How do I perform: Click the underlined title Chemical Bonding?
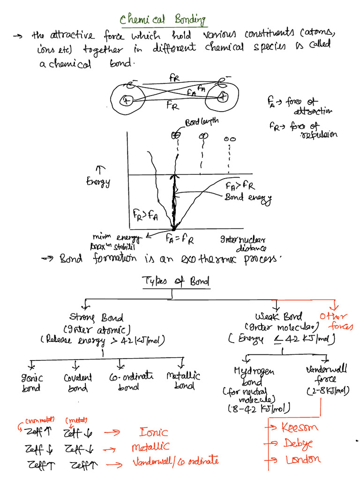pos(163,20)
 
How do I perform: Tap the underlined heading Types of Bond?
pos(175,281)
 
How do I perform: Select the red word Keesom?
pos(300,427)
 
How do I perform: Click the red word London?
pos(303,460)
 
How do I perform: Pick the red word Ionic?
pos(153,432)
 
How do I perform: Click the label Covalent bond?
pos(78,382)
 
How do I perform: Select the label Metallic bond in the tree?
pos(183,381)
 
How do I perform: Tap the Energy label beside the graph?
pos(97,181)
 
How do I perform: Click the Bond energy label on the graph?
pos(248,198)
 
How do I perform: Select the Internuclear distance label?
pos(244,243)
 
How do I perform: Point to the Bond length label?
pos(202,123)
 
